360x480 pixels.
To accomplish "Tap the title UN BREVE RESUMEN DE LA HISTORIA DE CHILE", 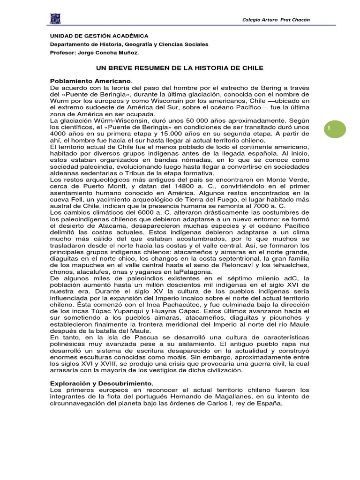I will tap(180, 68).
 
